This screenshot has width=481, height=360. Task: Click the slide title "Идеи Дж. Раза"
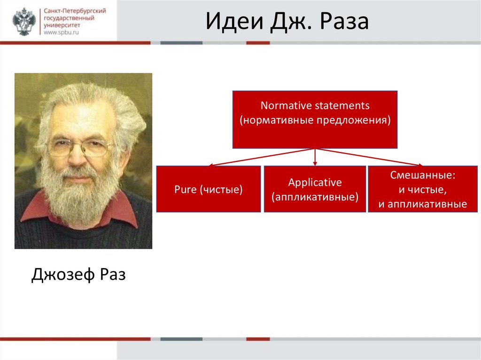point(287,22)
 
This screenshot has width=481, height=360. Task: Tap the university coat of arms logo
point(24,22)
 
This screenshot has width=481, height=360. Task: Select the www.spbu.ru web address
point(61,32)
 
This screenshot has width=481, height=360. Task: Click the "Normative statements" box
point(315,120)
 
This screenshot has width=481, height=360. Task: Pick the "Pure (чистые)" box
point(209,189)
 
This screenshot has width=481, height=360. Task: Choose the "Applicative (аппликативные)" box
point(315,189)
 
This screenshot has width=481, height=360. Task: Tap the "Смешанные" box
point(423,189)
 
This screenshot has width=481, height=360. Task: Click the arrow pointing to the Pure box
point(261,157)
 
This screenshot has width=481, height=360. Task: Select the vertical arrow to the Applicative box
point(315,157)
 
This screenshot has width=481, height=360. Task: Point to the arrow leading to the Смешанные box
point(369,157)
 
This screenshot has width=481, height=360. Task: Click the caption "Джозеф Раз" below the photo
point(78,275)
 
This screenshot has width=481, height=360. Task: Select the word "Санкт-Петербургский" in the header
point(75,11)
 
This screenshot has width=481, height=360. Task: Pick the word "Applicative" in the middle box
point(315,183)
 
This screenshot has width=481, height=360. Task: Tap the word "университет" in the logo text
point(62,25)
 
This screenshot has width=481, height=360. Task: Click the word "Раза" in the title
point(344,22)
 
